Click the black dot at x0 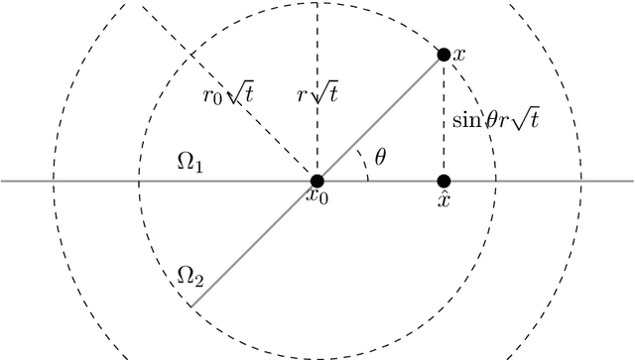317,181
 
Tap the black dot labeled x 444,54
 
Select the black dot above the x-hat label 444,181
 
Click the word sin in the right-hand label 465,117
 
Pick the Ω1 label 190,163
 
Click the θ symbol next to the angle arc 380,158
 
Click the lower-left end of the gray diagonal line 191,305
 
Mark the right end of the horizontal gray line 632,181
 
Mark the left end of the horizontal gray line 3,181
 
